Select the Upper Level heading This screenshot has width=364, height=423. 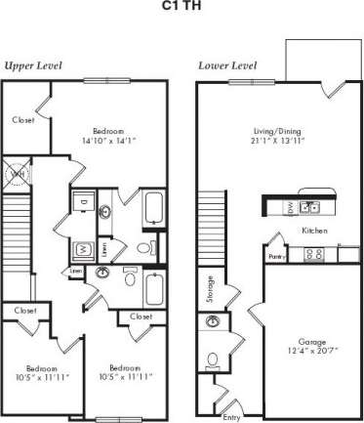tap(33, 65)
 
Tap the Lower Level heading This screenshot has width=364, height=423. tap(227, 65)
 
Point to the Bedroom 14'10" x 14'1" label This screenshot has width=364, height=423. tap(108, 136)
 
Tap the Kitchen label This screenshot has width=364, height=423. tap(314, 231)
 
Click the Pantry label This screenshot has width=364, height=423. tap(276, 257)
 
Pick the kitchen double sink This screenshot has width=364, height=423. tap(310, 207)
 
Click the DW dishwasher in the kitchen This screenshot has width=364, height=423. tap(290, 207)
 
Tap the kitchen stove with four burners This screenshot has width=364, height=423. tap(314, 255)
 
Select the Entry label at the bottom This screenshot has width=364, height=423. tap(231, 405)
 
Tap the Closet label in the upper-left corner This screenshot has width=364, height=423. tap(24, 120)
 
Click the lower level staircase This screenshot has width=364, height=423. tap(212, 226)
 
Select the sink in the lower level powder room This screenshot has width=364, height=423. tap(212, 321)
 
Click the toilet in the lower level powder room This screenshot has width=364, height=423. tap(212, 356)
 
